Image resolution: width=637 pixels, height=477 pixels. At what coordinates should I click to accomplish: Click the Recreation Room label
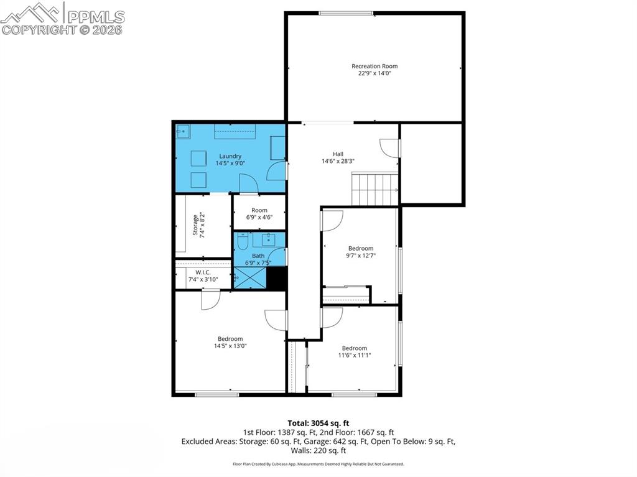(x=374, y=66)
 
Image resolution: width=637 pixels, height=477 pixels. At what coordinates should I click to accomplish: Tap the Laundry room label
(x=230, y=156)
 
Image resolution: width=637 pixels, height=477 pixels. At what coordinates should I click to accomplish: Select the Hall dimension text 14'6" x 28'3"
(x=338, y=161)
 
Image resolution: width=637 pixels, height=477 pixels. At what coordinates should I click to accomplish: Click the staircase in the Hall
(x=374, y=189)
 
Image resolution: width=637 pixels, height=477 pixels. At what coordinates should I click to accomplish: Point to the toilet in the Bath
(x=243, y=241)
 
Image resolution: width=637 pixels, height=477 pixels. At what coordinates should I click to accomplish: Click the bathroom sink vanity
(x=268, y=239)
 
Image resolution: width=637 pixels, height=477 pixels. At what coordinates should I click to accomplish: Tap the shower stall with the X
(x=250, y=278)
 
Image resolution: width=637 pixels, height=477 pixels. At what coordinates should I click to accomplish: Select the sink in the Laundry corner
(x=183, y=131)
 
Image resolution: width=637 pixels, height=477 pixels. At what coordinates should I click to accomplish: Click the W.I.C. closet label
(x=203, y=272)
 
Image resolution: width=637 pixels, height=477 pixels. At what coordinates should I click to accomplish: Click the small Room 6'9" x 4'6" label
(x=259, y=210)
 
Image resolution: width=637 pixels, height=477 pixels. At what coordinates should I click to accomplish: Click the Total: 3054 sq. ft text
(x=318, y=423)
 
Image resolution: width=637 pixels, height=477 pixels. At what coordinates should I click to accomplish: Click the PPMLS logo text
(x=96, y=17)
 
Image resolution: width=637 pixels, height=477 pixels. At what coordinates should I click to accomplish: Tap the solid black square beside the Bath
(x=277, y=279)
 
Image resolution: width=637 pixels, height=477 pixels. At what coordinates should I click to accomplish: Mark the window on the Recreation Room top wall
(x=346, y=14)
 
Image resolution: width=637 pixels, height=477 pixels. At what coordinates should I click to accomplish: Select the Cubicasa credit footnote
(x=318, y=464)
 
